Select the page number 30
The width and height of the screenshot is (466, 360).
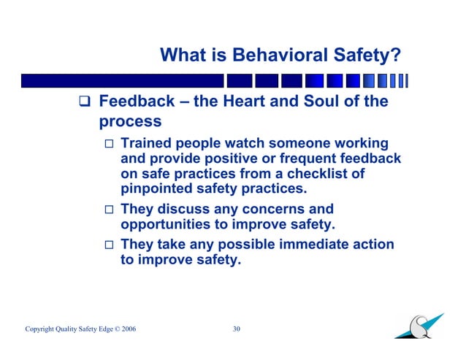[x=236, y=329]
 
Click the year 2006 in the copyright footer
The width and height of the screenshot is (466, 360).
[x=128, y=330]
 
